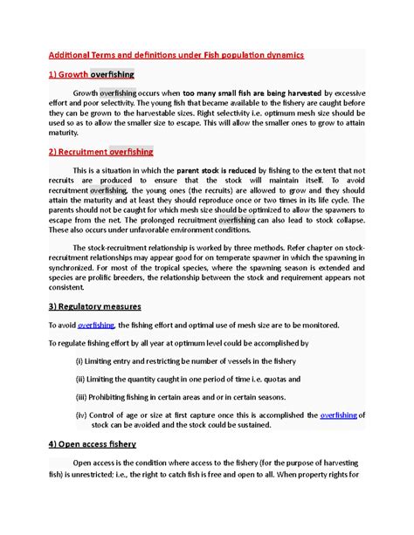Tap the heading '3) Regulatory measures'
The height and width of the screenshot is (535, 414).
coord(93,306)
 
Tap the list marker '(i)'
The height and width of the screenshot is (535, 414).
coord(80,360)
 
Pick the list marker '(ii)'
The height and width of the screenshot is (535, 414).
coord(81,379)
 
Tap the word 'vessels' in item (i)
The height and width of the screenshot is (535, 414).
coord(241,360)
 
